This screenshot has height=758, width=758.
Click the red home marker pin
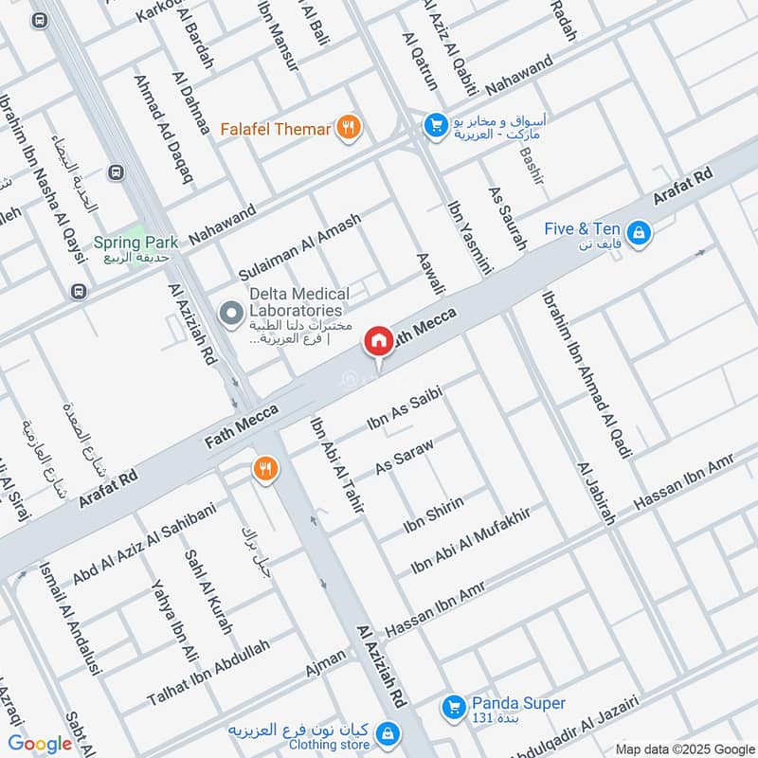coord(378,341)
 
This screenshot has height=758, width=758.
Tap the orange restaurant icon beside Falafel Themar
coord(349,127)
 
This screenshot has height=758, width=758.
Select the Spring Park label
coord(131,243)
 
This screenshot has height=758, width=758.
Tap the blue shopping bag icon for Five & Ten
coord(639,231)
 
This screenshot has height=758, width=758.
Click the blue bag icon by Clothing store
coord(386,732)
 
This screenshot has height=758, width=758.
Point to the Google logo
coord(40,744)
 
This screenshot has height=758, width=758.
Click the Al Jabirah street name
coord(597,493)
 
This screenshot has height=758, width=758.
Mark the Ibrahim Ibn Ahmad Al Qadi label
coord(586,374)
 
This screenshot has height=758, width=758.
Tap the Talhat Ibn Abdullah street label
coord(208,673)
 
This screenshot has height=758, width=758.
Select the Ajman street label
coord(326,663)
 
